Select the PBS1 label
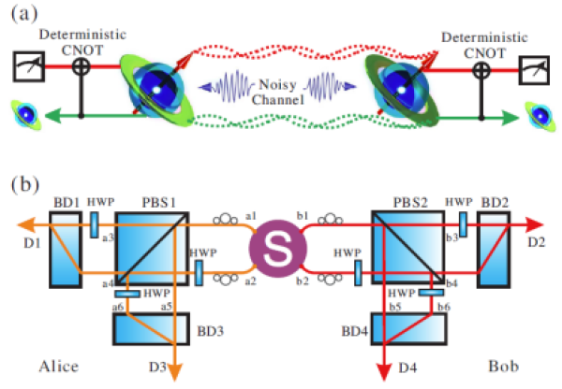[141, 202]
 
